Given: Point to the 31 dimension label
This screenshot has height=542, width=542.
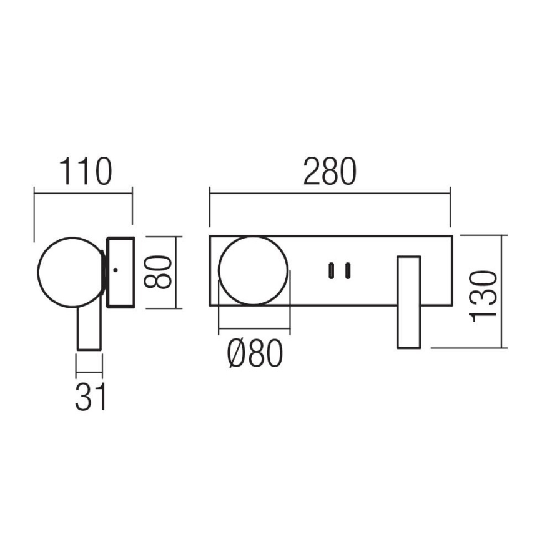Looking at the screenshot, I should click(x=90, y=397).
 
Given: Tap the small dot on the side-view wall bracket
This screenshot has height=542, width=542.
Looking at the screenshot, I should click(x=116, y=270).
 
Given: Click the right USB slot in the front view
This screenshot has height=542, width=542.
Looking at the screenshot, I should click(x=347, y=270).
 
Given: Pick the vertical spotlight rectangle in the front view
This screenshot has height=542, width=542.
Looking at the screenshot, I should click(x=410, y=302).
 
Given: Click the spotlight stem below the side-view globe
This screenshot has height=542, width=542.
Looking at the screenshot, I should click(x=88, y=328).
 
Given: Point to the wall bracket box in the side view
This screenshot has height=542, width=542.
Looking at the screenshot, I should click(x=121, y=272).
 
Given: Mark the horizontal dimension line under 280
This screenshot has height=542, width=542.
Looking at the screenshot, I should click(x=329, y=194).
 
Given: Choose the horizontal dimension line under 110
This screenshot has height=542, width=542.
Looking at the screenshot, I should click(x=83, y=194).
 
